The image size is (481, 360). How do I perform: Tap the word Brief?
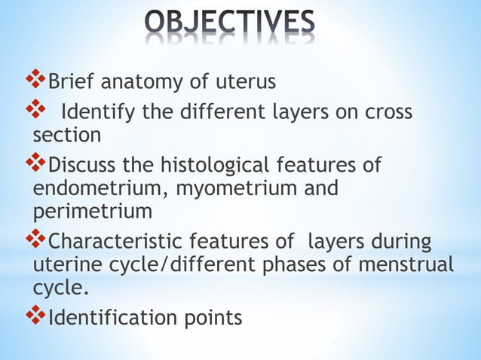[x=73, y=80]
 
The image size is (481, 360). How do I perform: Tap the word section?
[x=67, y=136]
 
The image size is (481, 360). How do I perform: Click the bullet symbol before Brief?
[x=36, y=78]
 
